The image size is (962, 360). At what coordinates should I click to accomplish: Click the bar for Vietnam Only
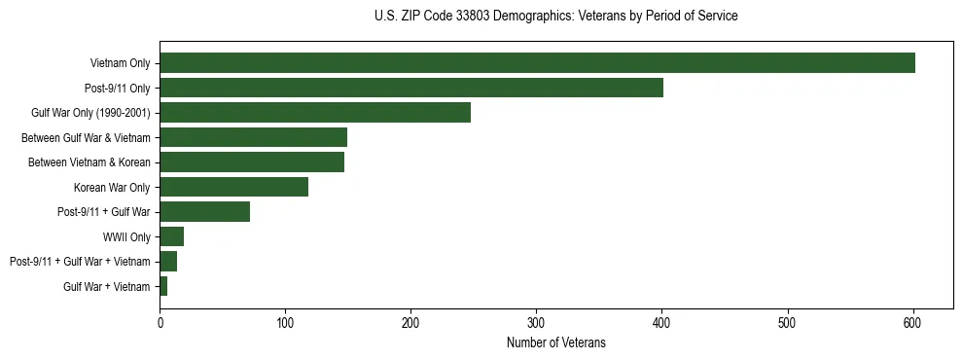tap(537, 63)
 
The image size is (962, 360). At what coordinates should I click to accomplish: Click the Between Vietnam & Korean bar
tap(252, 162)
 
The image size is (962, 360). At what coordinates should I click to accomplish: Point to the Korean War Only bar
tap(233, 187)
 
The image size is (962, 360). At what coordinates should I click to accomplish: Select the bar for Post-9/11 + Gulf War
tap(204, 212)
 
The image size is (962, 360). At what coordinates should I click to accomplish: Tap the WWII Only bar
tap(171, 236)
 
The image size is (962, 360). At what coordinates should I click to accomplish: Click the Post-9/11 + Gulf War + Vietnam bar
tap(168, 262)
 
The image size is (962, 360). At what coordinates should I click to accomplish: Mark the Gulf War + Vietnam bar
tap(163, 286)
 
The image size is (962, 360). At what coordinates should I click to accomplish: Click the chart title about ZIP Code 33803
tap(555, 17)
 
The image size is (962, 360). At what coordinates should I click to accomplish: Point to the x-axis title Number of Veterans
tap(555, 342)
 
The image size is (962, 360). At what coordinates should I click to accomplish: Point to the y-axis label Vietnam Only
tap(120, 63)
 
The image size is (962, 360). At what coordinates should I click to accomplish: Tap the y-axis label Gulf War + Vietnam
tap(107, 286)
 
